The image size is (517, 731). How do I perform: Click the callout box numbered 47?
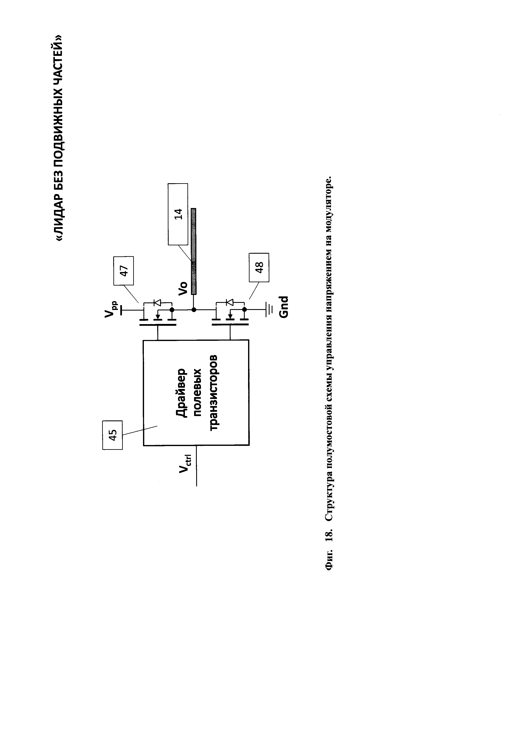124,271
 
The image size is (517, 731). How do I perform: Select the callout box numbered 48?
259,267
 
